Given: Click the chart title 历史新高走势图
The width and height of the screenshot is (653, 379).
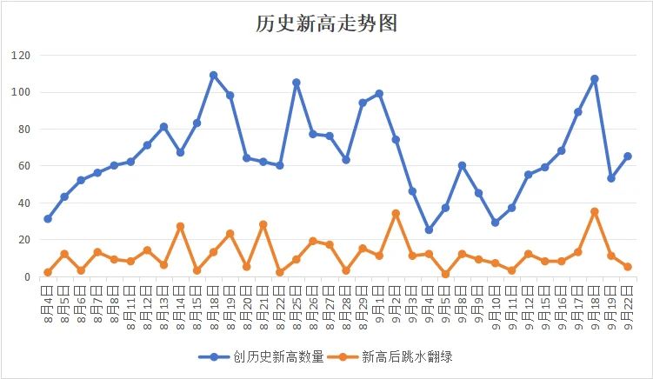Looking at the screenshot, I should click(326, 23).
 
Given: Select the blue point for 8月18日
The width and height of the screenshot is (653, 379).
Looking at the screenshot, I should click(213, 76).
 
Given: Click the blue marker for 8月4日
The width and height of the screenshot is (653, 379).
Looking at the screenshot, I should click(48, 219).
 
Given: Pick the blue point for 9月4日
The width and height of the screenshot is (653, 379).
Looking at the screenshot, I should click(429, 230).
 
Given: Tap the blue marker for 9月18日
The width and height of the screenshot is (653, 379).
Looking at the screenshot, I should click(595, 79).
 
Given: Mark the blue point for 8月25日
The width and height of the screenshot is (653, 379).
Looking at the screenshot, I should click(297, 83).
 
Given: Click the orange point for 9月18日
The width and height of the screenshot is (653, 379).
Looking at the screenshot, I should click(595, 211).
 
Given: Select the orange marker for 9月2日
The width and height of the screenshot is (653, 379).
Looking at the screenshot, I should click(396, 213).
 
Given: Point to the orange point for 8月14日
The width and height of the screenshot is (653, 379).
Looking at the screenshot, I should click(180, 226).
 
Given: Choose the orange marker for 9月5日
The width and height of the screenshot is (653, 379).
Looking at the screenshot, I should click(445, 274).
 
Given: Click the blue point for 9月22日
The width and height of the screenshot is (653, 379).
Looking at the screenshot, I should click(628, 156).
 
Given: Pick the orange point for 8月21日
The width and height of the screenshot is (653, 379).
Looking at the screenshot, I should click(263, 224).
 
